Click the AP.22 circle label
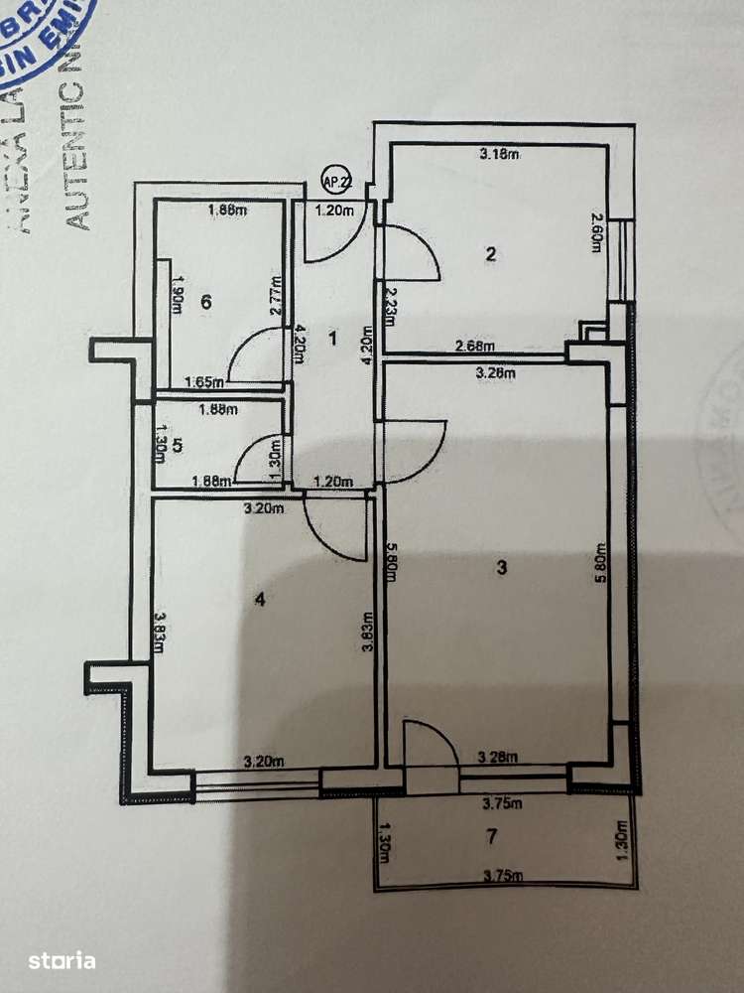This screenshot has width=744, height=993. coord(336,181)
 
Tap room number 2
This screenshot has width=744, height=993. coord(490,253)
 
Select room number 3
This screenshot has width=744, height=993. coord(502,567)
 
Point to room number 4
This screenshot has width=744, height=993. coord(260,599)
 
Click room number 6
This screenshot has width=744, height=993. coord(205,302)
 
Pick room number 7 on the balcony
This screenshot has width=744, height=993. coord(491,836)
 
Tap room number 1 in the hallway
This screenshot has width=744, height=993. coord(333,339)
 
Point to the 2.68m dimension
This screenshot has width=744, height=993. coord(474,347)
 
